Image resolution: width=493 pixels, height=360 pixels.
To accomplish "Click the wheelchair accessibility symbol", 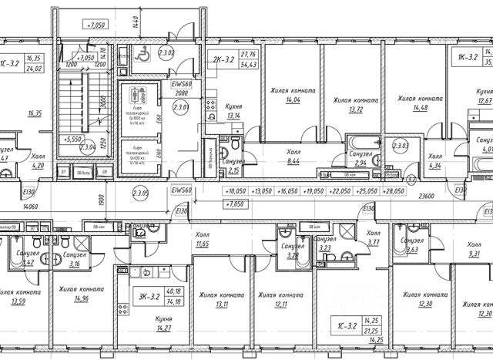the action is click(x=142, y=54).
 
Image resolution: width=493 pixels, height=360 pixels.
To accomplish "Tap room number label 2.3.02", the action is click(x=166, y=53).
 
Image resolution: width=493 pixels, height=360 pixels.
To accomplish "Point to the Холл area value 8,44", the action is click(x=293, y=163).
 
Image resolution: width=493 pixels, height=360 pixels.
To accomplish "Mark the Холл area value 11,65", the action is click(x=203, y=244).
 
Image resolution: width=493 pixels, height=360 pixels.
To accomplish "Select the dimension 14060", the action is click(x=30, y=206).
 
